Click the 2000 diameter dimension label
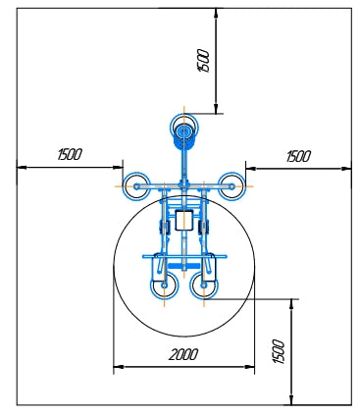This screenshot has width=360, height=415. (x=183, y=354)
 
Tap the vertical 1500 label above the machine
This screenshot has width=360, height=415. (x=203, y=61)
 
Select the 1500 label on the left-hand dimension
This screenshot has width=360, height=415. (x=70, y=154)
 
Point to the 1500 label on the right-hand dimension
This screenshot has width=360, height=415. (x=298, y=156)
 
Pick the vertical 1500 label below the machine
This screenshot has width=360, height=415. (x=279, y=351)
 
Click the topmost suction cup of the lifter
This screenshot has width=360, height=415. (x=184, y=128)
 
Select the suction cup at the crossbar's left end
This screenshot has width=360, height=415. (x=136, y=186)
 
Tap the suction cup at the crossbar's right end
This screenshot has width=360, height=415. (x=231, y=186)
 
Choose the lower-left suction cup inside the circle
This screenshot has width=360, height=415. (x=165, y=285)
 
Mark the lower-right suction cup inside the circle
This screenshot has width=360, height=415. (x=204, y=285)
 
